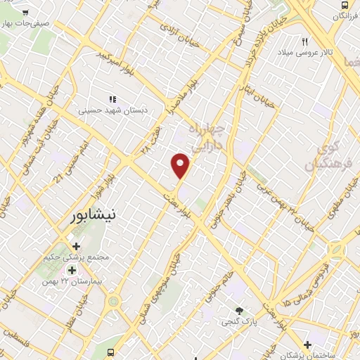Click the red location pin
[x=181, y=165]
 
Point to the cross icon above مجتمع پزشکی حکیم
[x=77, y=246]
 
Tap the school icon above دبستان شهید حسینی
[x=112, y=99]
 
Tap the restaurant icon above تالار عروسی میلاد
[x=305, y=41]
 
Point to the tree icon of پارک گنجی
[x=240, y=311]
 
